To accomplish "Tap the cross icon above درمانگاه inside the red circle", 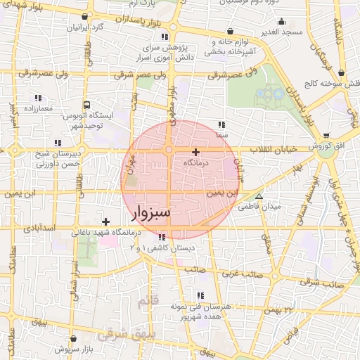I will coord(195,152).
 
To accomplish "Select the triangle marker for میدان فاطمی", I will coord(259,197).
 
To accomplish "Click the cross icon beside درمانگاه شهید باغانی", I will coord(105,222).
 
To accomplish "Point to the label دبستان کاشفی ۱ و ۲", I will coord(162,248).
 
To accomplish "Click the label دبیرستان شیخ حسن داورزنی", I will coord(34,159).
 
